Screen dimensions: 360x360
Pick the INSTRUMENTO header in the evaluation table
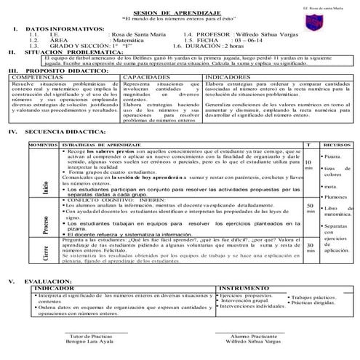(243, 289)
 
